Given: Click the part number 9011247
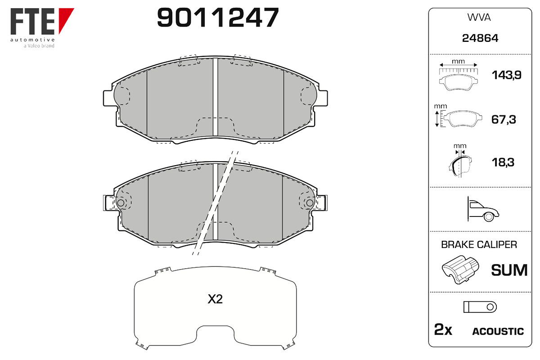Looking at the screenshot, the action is tap(218, 17).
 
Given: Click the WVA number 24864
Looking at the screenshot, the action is tap(480, 38).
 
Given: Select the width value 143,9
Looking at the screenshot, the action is tap(507, 75).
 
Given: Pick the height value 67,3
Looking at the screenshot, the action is tap(504, 120).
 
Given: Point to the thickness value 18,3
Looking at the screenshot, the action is tap(503, 162).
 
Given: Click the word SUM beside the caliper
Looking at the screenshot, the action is tap(509, 270).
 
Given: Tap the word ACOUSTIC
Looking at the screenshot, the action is tap(498, 332).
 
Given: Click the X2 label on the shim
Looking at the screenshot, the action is tap(215, 299).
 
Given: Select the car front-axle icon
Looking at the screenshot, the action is tap(483, 209).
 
